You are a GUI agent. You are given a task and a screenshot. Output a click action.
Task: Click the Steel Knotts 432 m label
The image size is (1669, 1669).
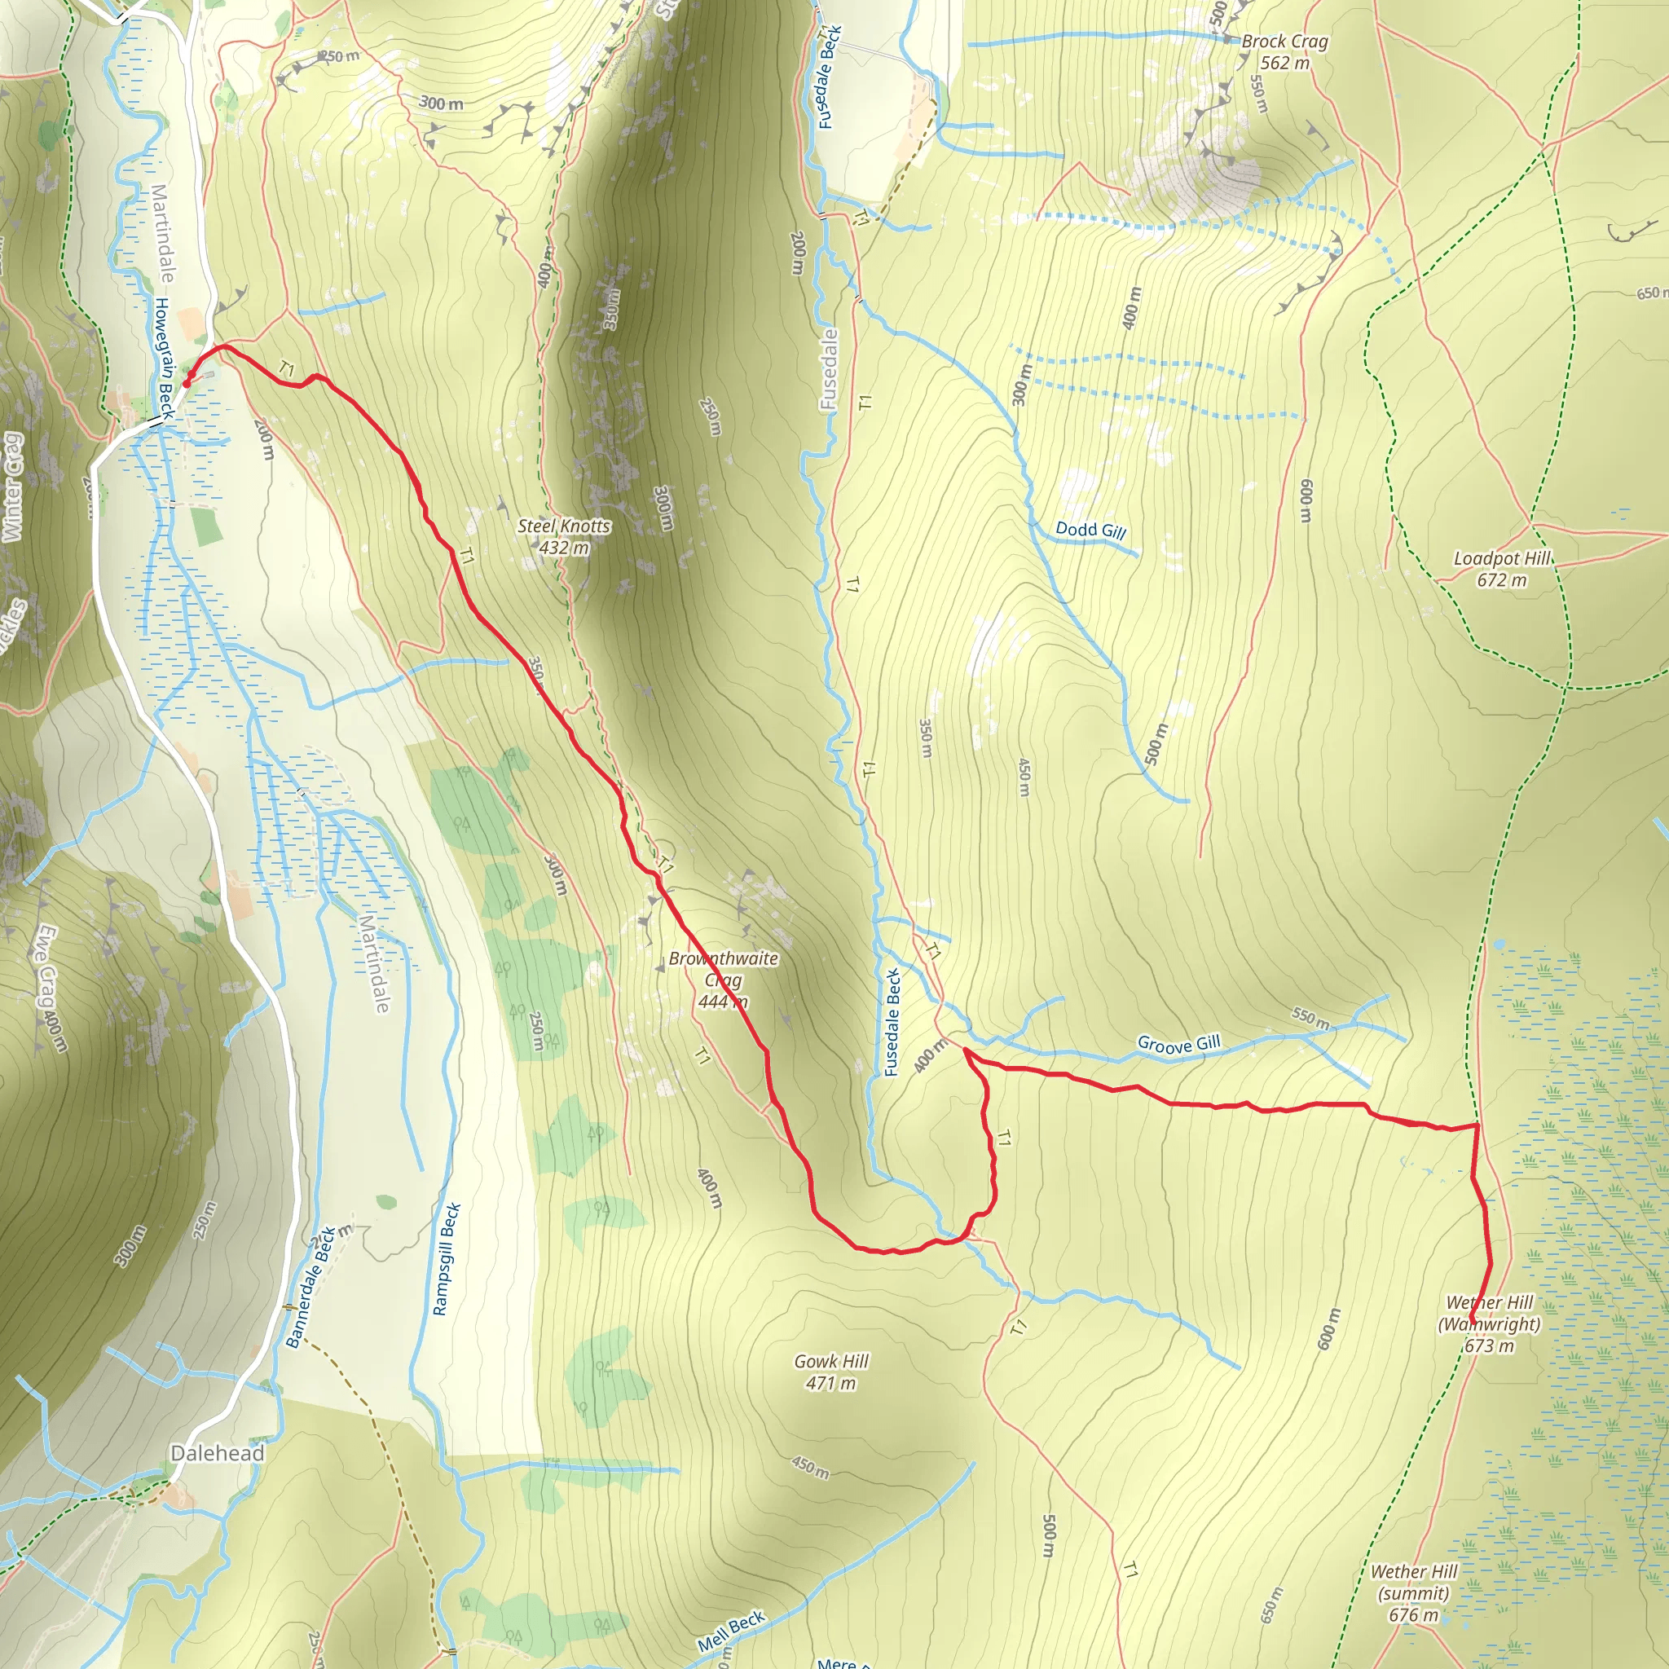[x=564, y=536]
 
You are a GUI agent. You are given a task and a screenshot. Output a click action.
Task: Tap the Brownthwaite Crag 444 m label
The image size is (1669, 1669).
[x=723, y=980]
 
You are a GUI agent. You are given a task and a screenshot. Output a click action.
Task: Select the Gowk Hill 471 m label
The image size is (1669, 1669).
[x=831, y=1372]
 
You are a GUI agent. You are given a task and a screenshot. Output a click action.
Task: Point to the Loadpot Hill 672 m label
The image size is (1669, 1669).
[x=1502, y=569]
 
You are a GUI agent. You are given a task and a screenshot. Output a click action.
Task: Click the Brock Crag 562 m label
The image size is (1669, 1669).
[x=1284, y=52]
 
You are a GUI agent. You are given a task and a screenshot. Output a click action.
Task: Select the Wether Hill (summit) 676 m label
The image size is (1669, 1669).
[x=1414, y=1593]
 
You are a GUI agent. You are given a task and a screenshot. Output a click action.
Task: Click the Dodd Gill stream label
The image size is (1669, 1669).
[x=1090, y=530]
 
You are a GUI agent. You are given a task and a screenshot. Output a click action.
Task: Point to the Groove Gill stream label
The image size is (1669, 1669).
[x=1178, y=1044]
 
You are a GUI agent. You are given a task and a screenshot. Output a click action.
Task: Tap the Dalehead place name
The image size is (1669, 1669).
[x=217, y=1453]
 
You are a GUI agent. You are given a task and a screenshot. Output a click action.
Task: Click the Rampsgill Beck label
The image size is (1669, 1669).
[x=446, y=1258]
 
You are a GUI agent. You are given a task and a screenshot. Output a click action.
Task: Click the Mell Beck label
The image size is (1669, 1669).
[x=731, y=1629]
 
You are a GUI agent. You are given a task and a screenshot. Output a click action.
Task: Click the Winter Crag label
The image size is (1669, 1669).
[x=12, y=488]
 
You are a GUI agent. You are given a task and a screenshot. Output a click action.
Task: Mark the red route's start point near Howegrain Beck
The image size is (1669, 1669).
[x=187, y=383]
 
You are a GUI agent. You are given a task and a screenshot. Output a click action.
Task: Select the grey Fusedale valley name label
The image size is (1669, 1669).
[x=829, y=369]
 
